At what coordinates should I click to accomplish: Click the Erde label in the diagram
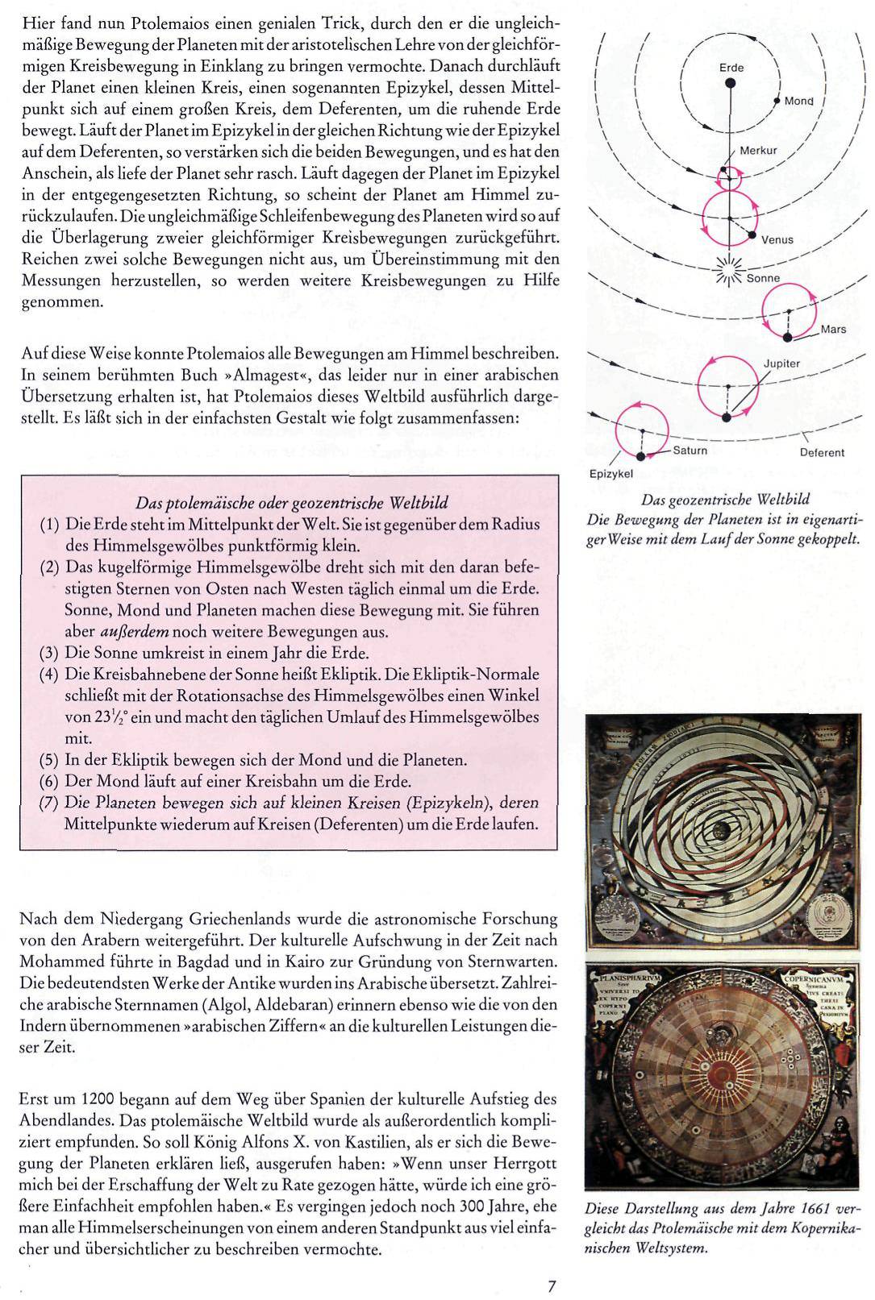pos(731,68)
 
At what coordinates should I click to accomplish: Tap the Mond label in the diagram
pos(798,102)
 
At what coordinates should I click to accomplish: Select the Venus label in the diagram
pos(777,239)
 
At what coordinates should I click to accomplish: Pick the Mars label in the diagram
pos(834,329)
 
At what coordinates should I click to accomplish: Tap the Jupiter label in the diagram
pos(781,363)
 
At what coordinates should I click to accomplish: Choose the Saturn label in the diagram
pos(690,451)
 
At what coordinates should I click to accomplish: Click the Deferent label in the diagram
pos(822,453)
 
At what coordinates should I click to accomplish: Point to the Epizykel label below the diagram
pos(610,474)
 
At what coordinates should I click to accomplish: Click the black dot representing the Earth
pos(731,82)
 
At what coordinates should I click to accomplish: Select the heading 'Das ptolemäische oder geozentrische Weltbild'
pos(291,504)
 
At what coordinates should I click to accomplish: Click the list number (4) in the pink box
pos(50,675)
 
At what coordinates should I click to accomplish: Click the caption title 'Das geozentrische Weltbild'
pos(725,500)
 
